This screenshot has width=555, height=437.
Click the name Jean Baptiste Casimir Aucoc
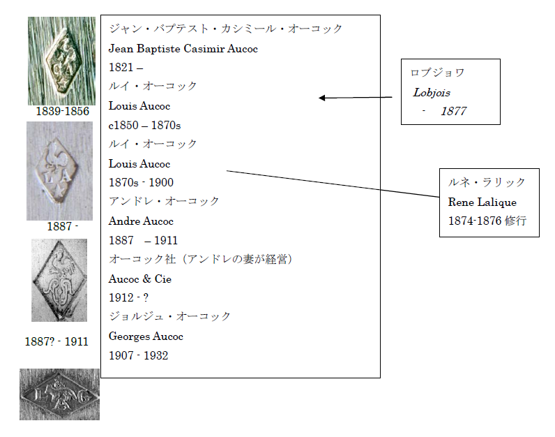pos(183,49)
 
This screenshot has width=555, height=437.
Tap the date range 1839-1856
pos(63,112)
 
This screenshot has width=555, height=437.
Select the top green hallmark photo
pos(61,61)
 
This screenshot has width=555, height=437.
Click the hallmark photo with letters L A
pos(59,171)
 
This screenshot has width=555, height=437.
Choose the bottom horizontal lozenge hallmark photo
pos(59,394)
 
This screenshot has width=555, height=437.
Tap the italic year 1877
pos(453,111)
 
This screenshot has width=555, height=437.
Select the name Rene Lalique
pos(482,202)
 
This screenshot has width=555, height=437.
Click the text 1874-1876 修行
pos(487,220)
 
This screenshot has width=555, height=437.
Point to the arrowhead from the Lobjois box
pos(322,98)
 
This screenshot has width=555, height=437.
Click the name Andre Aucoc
pos(141,221)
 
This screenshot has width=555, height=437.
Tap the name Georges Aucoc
pos(146,336)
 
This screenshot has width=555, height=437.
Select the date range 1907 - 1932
pos(138,355)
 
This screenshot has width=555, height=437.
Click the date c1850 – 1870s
pos(144,125)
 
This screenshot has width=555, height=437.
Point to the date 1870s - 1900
pos(141,183)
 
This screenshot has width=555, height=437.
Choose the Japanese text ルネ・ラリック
pos(487,182)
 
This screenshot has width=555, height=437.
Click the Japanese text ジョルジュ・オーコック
pos(169,317)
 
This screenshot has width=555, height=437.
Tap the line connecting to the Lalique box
pos(335,185)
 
